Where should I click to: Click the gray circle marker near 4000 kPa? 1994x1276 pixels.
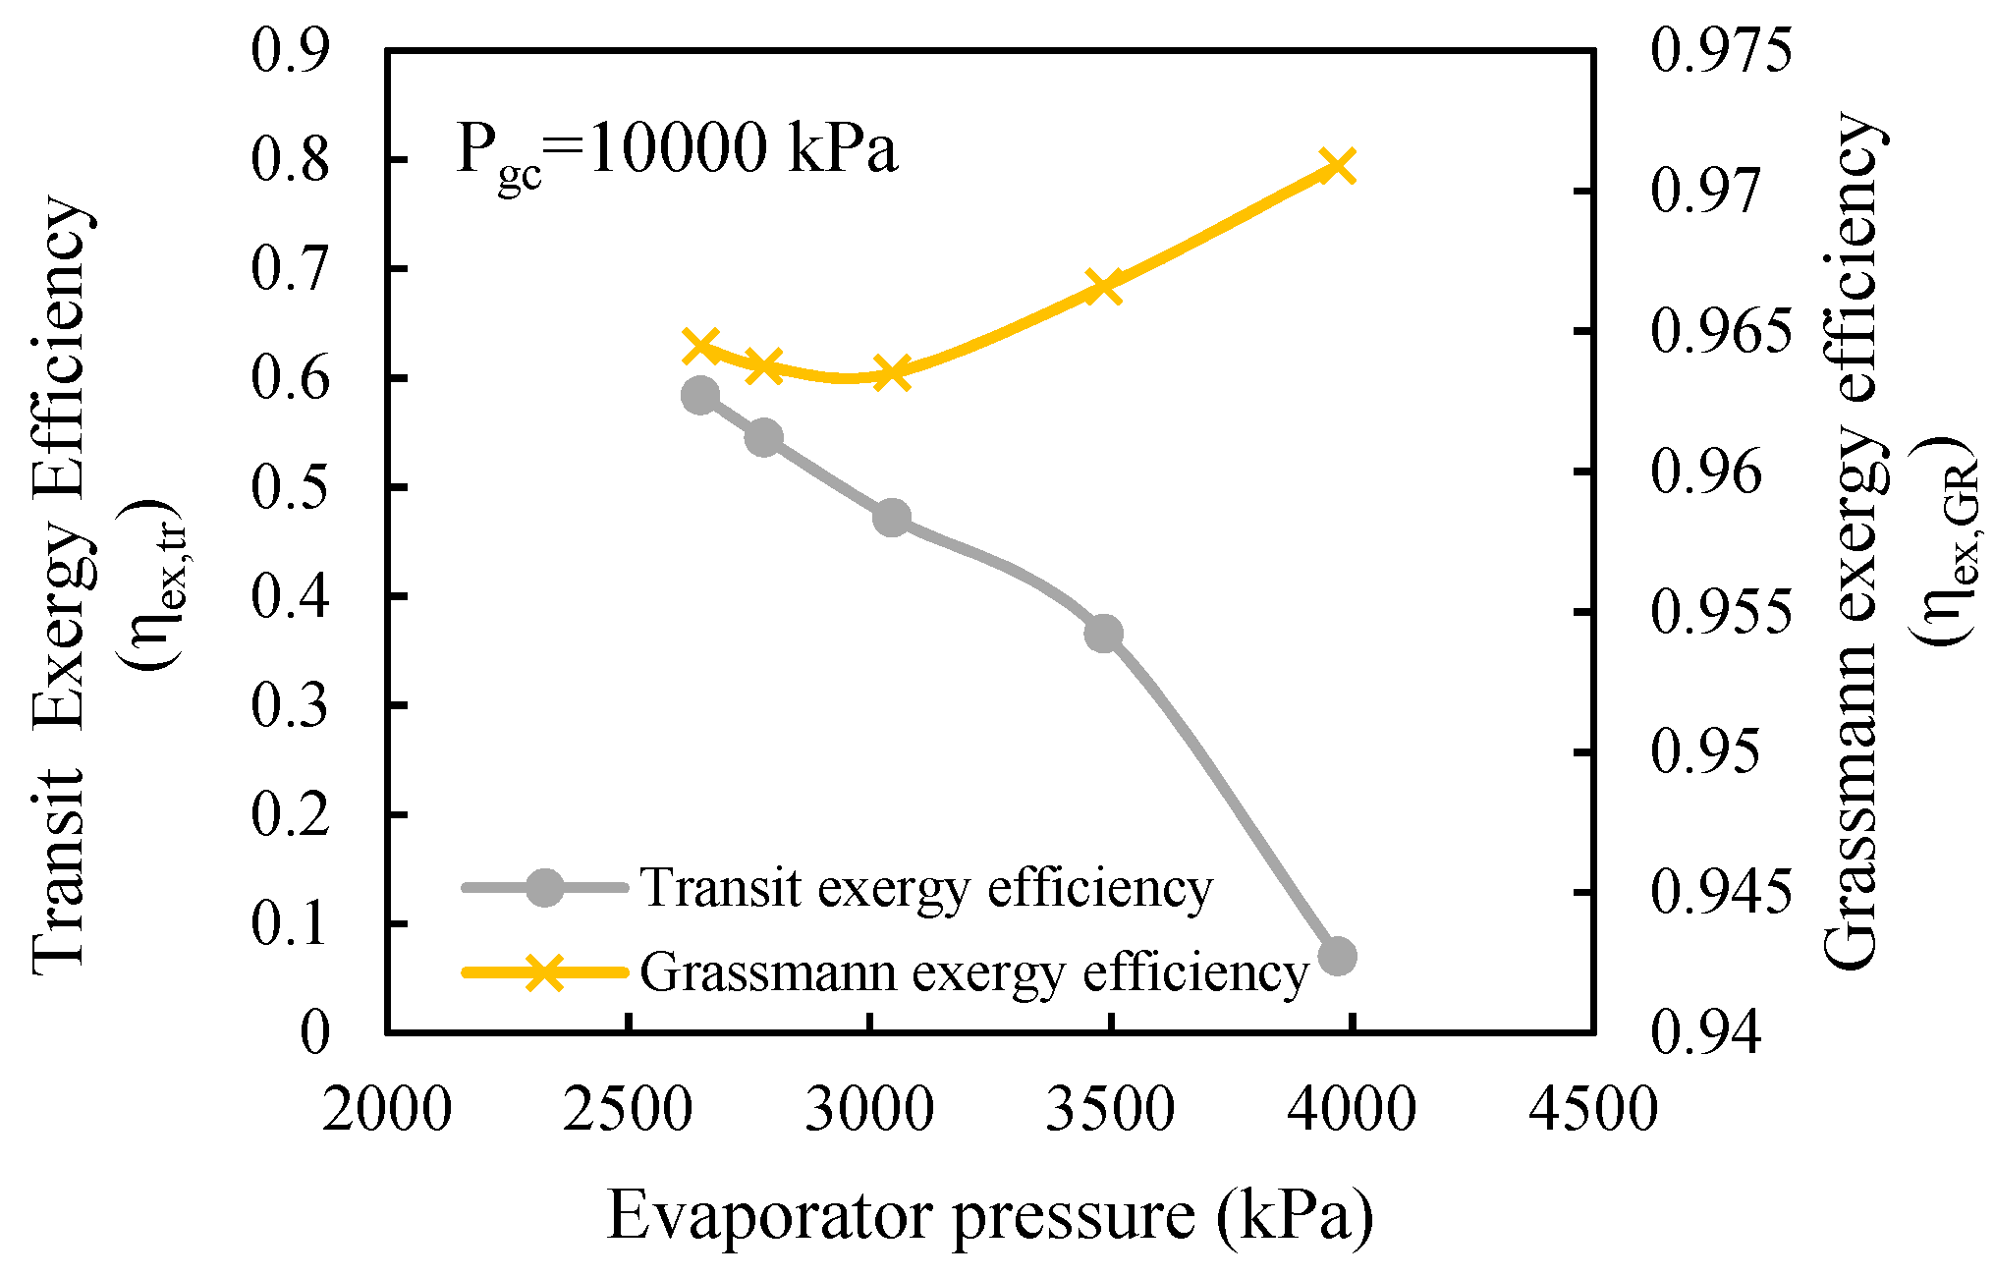click(x=1337, y=955)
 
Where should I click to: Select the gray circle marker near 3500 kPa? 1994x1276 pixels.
click(x=1104, y=634)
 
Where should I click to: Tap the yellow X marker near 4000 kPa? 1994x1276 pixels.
click(x=1337, y=166)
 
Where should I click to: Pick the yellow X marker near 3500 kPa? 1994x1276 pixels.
click(x=1104, y=288)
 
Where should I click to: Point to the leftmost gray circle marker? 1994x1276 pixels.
click(x=700, y=395)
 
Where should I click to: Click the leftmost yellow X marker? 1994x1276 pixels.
click(x=701, y=346)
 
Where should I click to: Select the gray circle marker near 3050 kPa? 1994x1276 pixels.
click(x=892, y=518)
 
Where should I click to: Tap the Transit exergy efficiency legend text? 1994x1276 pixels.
click(x=926, y=888)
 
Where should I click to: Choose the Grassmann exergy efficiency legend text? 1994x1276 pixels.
click(x=974, y=972)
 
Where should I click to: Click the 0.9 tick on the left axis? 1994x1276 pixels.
click(x=290, y=50)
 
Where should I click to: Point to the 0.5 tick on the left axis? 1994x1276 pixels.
click(x=290, y=487)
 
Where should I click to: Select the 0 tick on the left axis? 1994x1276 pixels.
click(x=315, y=1032)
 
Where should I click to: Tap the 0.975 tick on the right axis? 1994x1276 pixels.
click(x=1721, y=50)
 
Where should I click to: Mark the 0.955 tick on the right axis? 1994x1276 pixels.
click(x=1721, y=612)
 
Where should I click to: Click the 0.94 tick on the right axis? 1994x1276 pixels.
click(x=1706, y=1032)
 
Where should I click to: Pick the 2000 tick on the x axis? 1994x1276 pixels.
click(x=387, y=1110)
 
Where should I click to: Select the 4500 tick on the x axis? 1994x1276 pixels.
click(x=1592, y=1110)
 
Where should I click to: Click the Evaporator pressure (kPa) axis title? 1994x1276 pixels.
click(x=989, y=1217)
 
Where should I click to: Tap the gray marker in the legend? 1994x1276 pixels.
click(x=544, y=888)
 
